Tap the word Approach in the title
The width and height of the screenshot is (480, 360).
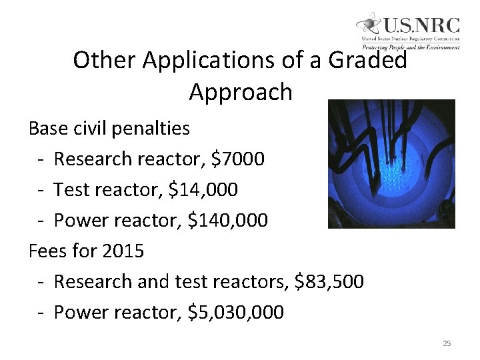pyautogui.click(x=241, y=92)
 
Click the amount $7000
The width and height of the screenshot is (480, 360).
pyautogui.click(x=237, y=159)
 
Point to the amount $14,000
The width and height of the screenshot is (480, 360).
pyautogui.click(x=203, y=190)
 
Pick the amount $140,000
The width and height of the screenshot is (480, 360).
pyautogui.click(x=228, y=220)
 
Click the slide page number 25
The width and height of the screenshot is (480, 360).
pyautogui.click(x=447, y=343)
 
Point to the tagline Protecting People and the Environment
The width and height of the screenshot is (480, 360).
pyautogui.click(x=411, y=47)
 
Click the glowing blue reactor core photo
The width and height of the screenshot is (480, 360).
pyautogui.click(x=392, y=164)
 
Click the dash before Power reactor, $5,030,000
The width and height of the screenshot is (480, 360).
pyautogui.click(x=41, y=313)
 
